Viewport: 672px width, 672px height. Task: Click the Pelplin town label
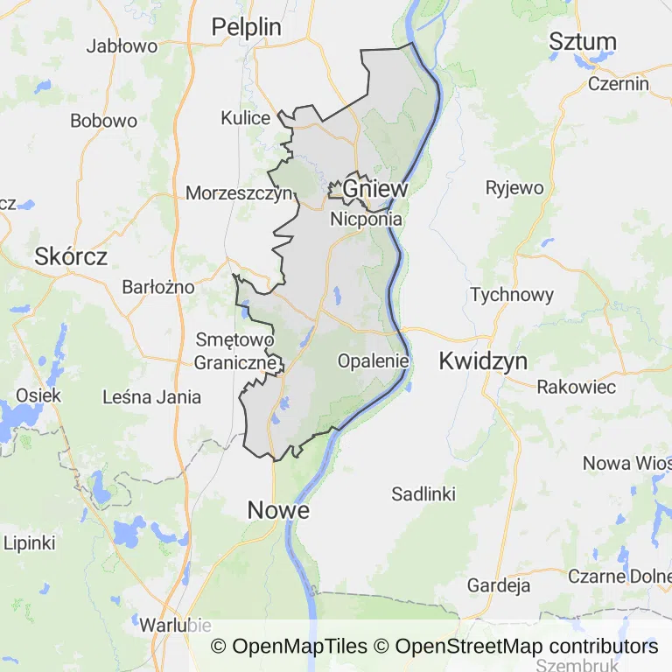click(x=247, y=27)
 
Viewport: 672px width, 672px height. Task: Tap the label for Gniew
click(x=374, y=188)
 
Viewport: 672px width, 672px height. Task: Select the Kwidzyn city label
click(x=484, y=360)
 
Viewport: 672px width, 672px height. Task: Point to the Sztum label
click(x=583, y=41)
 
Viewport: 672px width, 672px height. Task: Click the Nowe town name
click(x=278, y=509)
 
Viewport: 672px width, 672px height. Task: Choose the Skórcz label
click(x=71, y=256)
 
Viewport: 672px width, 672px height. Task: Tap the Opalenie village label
click(x=374, y=360)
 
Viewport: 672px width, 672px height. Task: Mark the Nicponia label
click(x=366, y=220)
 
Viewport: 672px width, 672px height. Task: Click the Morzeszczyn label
click(x=239, y=193)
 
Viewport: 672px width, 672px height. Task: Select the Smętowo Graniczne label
click(x=234, y=350)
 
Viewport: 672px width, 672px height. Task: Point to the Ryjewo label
click(x=514, y=187)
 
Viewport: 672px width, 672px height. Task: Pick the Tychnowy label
click(x=512, y=294)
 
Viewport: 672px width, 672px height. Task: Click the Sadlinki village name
click(x=423, y=494)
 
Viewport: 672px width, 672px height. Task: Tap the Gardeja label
click(x=499, y=585)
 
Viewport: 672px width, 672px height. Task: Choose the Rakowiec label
click(x=576, y=387)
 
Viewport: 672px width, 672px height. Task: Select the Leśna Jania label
click(x=151, y=397)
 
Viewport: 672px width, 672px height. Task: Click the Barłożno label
click(x=158, y=287)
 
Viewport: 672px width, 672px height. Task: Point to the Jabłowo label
click(x=122, y=46)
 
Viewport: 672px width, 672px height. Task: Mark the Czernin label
click(x=619, y=84)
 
